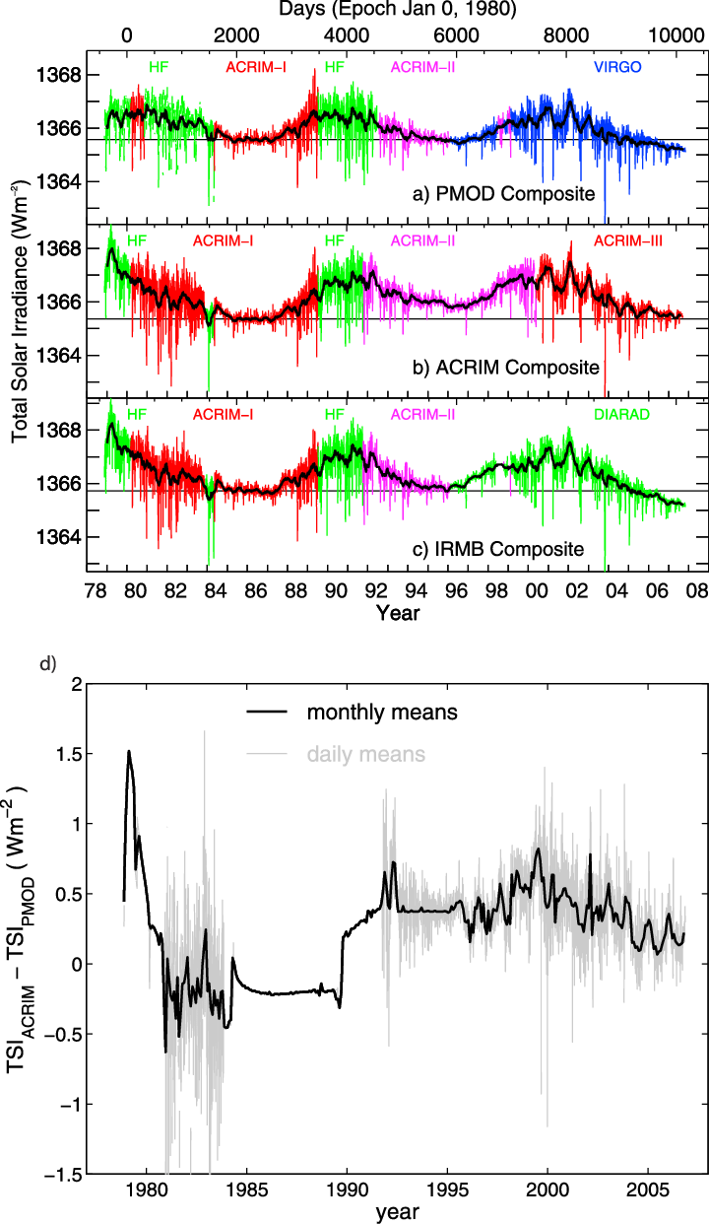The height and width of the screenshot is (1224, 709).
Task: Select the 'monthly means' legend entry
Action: pyautogui.click(x=382, y=712)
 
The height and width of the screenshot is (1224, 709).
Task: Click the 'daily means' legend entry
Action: pyautogui.click(x=366, y=755)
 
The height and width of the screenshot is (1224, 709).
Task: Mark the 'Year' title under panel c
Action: pyautogui.click(x=398, y=613)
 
